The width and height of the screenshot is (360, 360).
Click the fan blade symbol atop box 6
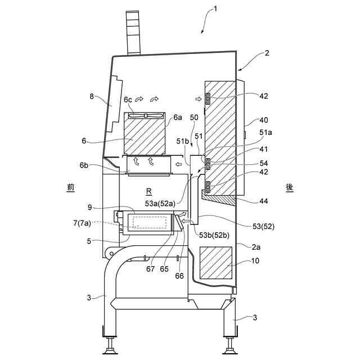point(146,115)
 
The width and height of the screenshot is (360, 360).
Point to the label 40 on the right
point(264,120)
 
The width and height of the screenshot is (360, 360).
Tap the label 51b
point(182,141)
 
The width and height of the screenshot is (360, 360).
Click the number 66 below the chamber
point(180,276)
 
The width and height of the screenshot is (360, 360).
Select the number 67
point(150,269)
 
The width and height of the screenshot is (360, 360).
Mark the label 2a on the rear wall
point(259,246)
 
